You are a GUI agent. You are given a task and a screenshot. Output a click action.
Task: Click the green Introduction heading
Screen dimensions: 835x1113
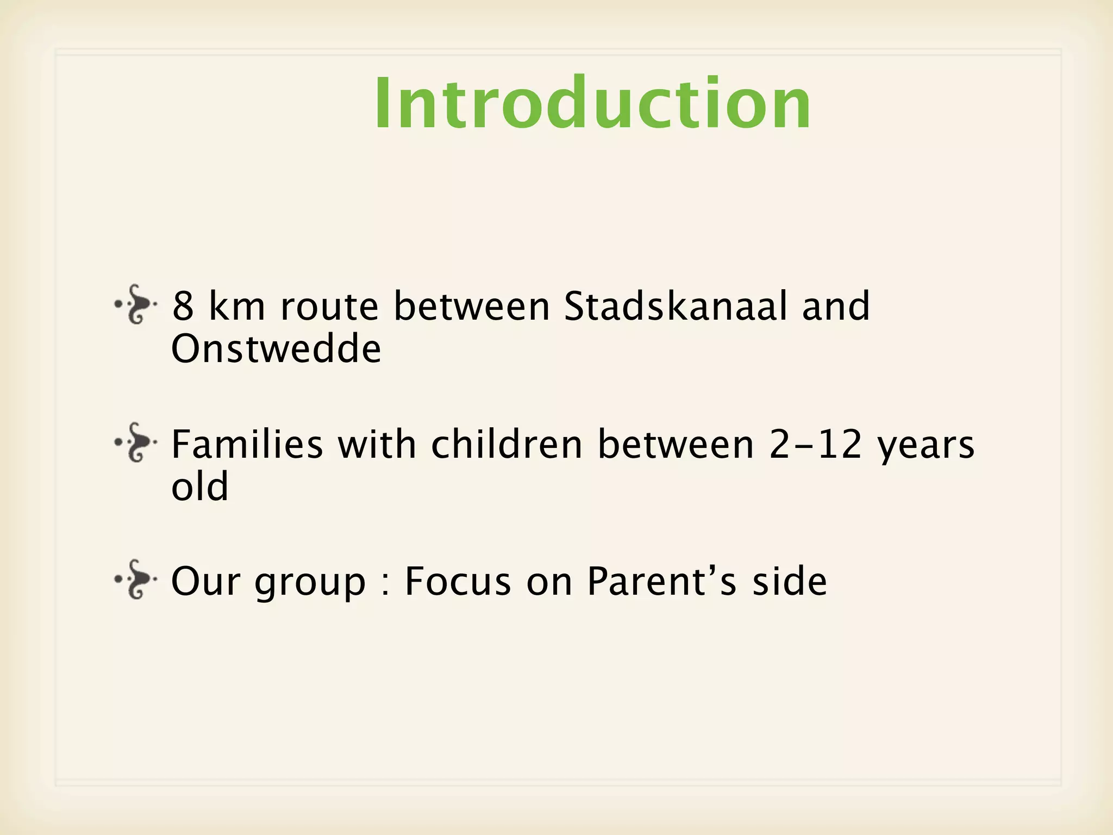click(592, 103)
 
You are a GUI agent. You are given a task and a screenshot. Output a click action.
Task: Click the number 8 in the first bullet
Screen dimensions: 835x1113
click(183, 307)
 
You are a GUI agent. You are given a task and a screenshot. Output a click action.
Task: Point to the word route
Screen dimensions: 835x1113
click(329, 307)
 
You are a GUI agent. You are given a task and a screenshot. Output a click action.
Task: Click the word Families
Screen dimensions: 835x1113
click(247, 444)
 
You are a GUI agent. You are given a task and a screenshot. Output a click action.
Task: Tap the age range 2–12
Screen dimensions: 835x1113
click(816, 444)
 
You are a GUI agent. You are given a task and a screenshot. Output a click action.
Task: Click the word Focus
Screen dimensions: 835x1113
click(458, 581)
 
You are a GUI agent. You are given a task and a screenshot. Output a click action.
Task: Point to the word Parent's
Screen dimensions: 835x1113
click(662, 581)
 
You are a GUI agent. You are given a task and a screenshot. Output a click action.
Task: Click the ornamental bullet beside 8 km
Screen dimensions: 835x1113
click(136, 304)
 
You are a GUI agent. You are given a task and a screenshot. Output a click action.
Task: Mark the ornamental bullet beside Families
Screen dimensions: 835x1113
click(136, 443)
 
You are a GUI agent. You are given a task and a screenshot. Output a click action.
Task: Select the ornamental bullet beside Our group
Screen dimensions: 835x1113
click(136, 579)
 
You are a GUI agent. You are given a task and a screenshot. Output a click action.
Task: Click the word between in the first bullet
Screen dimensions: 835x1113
click(472, 306)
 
